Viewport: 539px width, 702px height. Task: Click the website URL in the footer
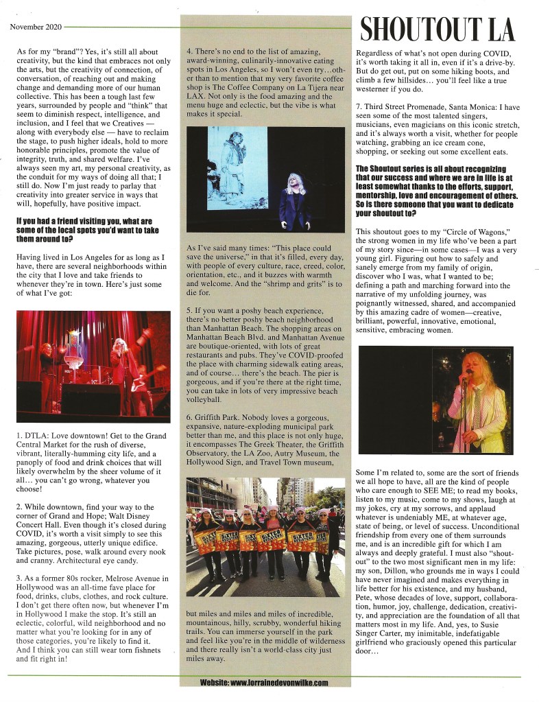[264, 683]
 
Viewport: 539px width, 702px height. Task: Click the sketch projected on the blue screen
[237, 167]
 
